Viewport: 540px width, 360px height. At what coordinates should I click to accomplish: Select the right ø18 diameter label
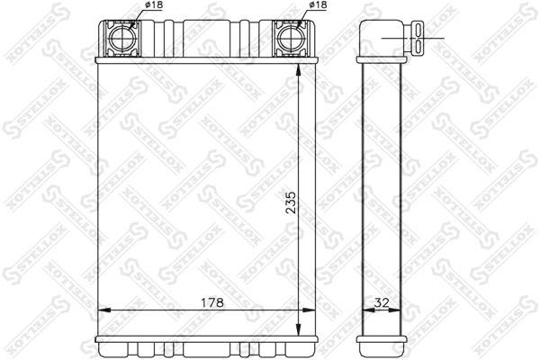point(318,7)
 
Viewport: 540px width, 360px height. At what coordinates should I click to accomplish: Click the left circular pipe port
point(119,39)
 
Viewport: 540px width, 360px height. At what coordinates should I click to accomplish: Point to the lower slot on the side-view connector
point(421,46)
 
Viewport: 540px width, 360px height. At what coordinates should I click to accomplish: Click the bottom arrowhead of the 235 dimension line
point(299,331)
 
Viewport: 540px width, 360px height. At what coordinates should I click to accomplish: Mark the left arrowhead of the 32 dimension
point(364,311)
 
